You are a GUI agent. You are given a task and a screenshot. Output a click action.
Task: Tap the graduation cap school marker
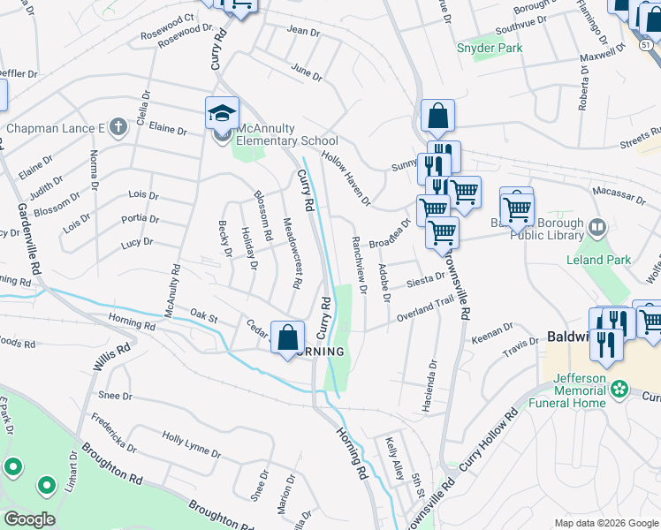(x=222, y=113)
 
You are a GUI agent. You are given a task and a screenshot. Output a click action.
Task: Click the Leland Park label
(x=601, y=260)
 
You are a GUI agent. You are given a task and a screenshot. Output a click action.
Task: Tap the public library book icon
(x=598, y=229)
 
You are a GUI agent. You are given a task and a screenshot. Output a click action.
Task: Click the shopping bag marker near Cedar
(x=288, y=337)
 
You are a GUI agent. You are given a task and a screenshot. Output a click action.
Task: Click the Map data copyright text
(x=605, y=523)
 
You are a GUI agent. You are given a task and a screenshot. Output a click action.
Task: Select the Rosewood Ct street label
(x=166, y=42)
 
